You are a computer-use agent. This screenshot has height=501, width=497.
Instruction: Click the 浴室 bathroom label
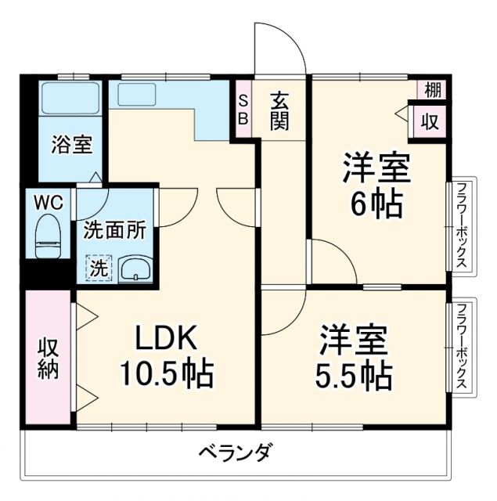click(x=72, y=145)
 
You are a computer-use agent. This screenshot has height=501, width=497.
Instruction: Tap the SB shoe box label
click(x=243, y=110)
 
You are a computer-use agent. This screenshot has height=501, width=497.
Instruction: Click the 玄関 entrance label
click(x=281, y=110)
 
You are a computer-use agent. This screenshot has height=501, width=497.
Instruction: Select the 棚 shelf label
click(x=433, y=89)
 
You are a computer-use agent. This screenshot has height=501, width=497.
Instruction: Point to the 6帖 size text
click(x=377, y=205)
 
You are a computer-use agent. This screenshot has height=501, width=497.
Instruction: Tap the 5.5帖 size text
click(x=355, y=377)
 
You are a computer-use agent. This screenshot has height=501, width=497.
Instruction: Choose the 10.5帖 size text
click(x=166, y=376)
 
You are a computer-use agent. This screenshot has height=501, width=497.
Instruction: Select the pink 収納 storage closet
click(x=49, y=358)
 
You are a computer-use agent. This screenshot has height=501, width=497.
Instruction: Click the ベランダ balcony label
click(x=234, y=452)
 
